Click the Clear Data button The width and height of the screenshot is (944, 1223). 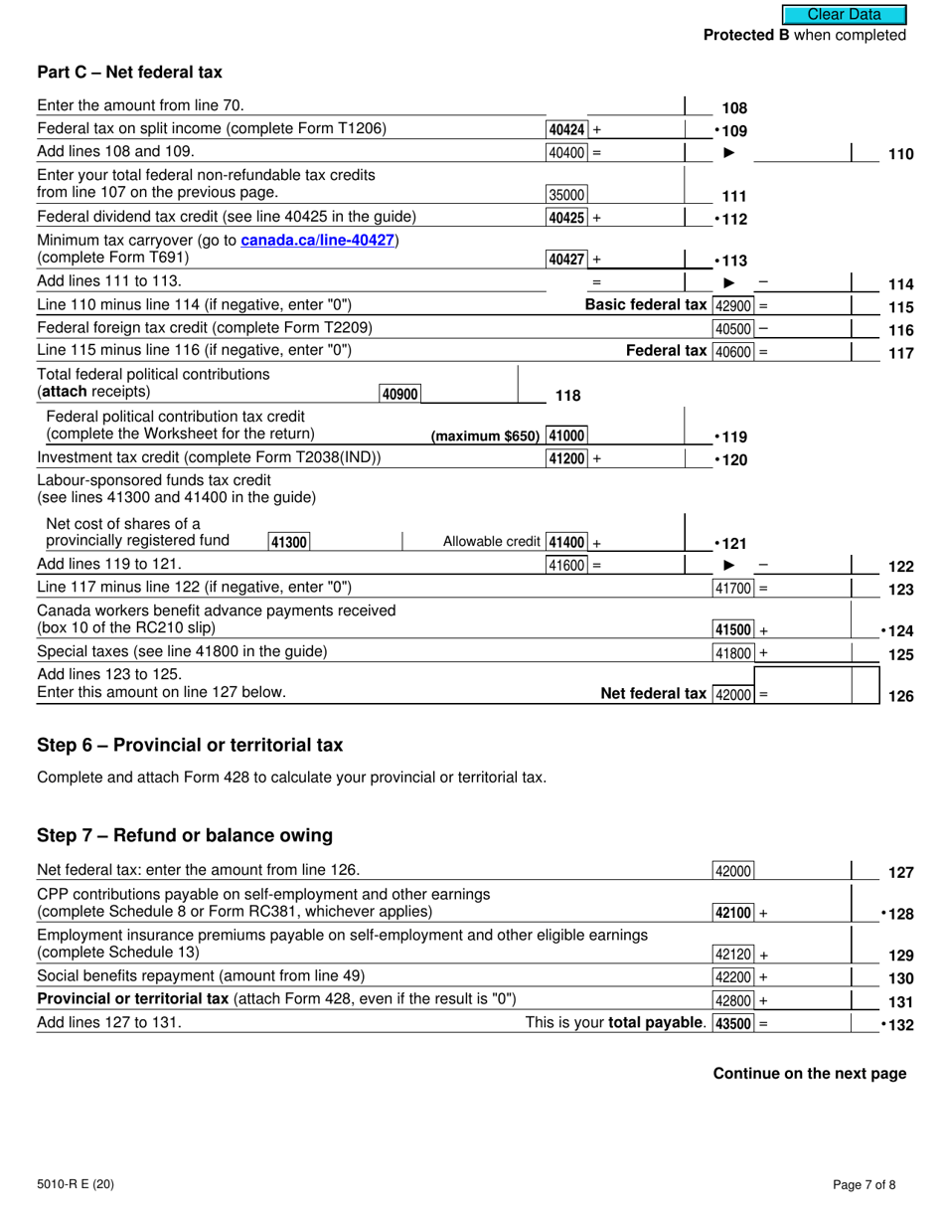(844, 14)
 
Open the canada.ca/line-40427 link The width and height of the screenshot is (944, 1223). (318, 241)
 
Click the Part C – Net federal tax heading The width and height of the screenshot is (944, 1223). (129, 72)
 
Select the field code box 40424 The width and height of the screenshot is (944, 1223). (567, 129)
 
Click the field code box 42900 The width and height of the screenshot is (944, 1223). (733, 305)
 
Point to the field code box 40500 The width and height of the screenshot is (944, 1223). (733, 328)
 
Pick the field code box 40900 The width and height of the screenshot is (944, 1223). (399, 394)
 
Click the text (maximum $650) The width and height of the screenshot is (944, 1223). (485, 436)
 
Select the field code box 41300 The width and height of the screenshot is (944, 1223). (289, 542)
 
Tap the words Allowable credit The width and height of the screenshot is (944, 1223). (492, 542)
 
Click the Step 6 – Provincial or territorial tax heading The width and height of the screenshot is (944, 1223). (189, 745)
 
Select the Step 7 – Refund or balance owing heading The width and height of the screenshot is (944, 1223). (184, 834)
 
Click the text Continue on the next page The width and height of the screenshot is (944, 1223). (809, 1073)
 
